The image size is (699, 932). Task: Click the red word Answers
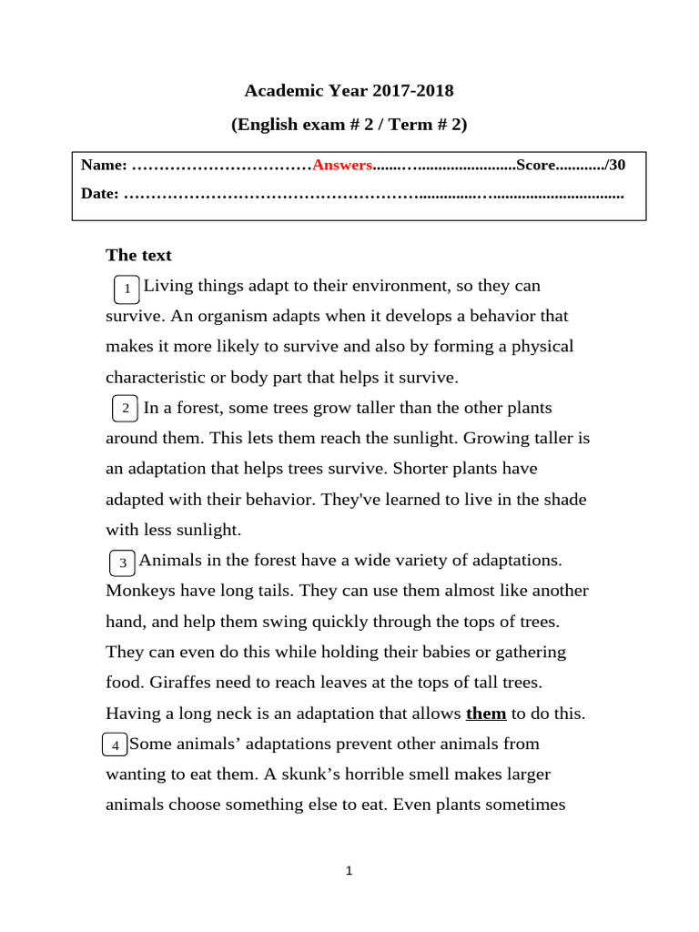tap(342, 165)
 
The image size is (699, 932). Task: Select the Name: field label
tap(104, 165)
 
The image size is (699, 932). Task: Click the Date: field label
tap(99, 194)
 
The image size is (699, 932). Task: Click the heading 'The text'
tap(138, 255)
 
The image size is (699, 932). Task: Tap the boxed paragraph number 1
tap(127, 289)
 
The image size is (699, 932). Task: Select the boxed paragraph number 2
tap(126, 409)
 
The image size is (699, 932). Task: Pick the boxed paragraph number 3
tap(122, 564)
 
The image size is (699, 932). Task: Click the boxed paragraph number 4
tap(115, 746)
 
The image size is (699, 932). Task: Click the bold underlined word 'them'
tap(486, 714)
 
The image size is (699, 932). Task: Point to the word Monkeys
tap(140, 591)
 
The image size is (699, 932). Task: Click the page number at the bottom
tap(349, 871)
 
